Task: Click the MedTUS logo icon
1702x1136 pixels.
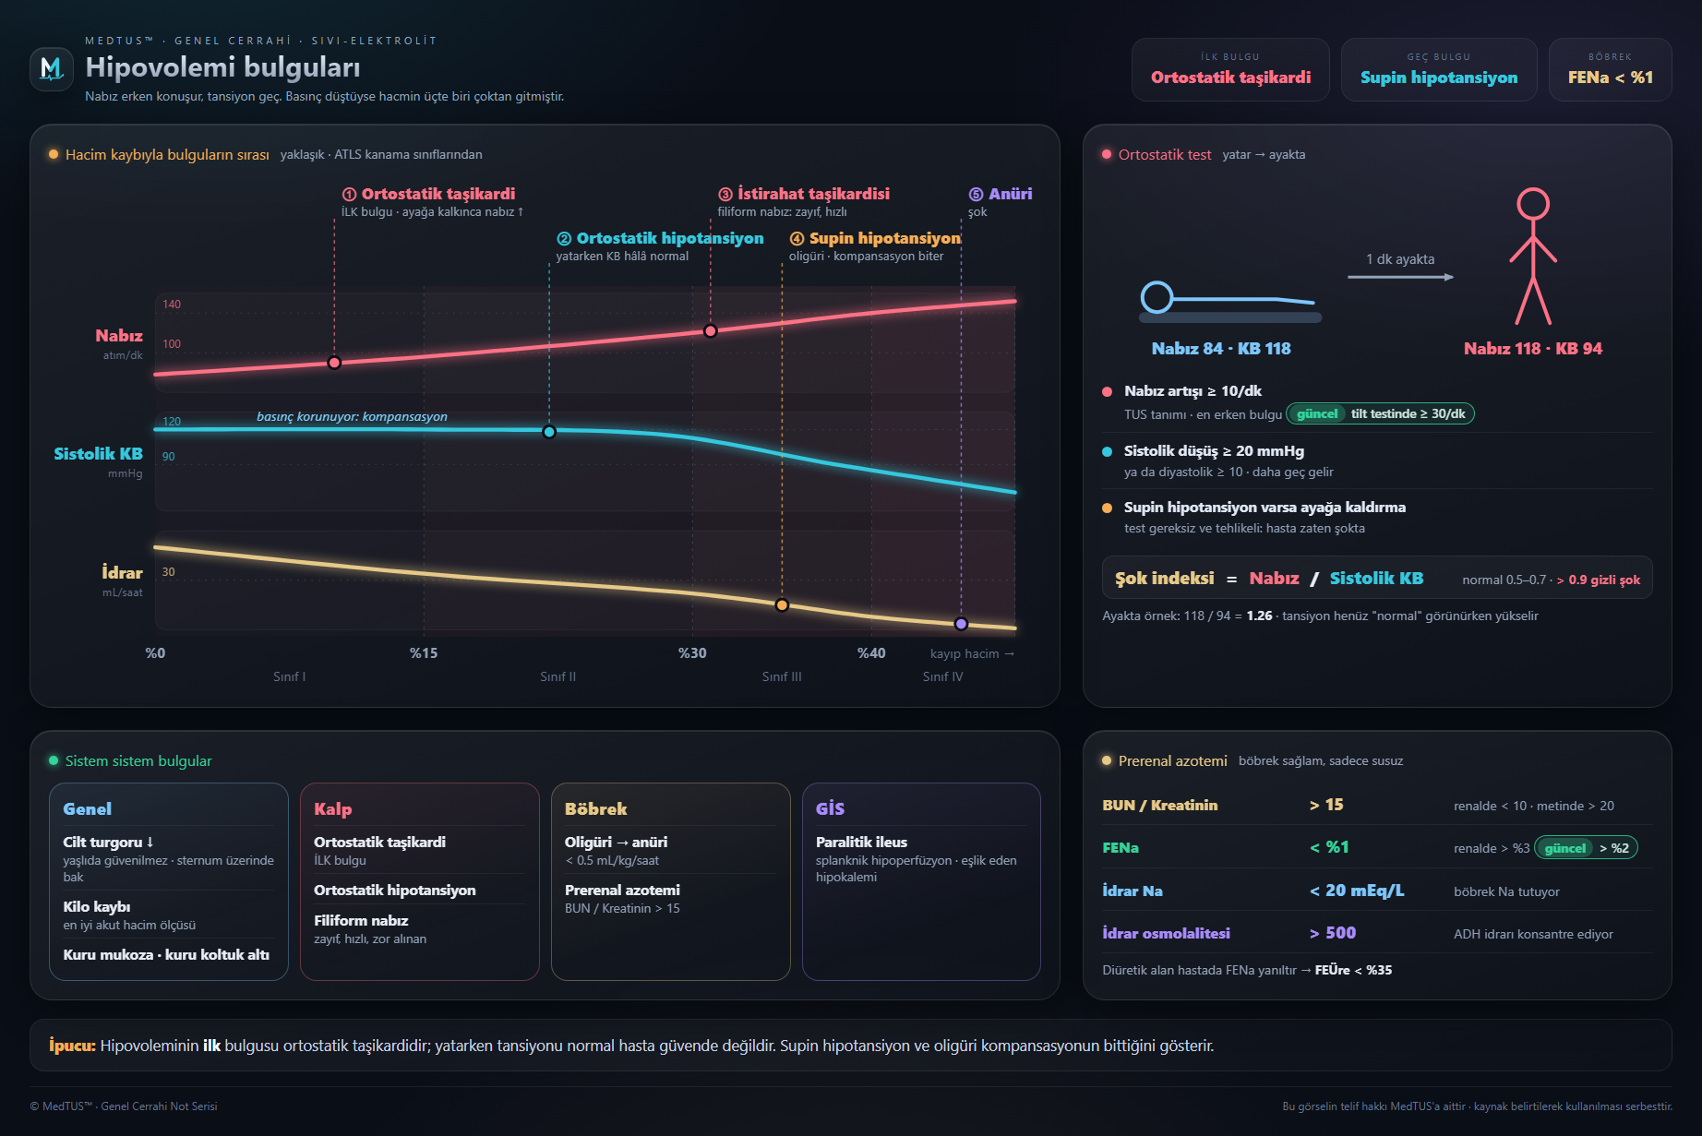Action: click(52, 69)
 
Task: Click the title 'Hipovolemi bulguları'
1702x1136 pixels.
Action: click(222, 67)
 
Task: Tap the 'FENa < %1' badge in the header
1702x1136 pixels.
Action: click(1610, 69)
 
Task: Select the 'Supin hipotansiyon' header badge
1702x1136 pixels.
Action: click(1438, 69)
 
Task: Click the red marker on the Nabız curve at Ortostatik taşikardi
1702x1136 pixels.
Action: click(334, 363)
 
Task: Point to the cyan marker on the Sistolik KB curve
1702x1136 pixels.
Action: click(549, 432)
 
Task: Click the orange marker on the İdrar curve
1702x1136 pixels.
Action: click(782, 605)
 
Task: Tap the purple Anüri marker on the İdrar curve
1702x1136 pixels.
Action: click(961, 624)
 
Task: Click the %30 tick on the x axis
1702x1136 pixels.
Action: click(692, 653)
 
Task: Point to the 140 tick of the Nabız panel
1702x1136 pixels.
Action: click(172, 305)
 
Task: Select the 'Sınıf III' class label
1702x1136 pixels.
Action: click(782, 676)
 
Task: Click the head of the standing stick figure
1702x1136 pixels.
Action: click(1533, 204)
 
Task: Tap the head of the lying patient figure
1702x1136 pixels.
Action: click(1157, 297)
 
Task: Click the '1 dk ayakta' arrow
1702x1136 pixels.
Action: click(1400, 277)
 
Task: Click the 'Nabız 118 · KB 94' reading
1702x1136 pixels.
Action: click(1532, 349)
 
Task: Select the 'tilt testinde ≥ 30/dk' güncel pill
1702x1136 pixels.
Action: click(1380, 413)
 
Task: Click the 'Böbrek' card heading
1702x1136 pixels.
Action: click(595, 809)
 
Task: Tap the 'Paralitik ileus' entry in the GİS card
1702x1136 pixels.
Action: click(861, 843)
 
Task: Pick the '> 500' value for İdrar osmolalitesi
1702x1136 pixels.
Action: click(1332, 933)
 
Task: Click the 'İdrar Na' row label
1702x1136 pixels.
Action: click(1132, 891)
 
